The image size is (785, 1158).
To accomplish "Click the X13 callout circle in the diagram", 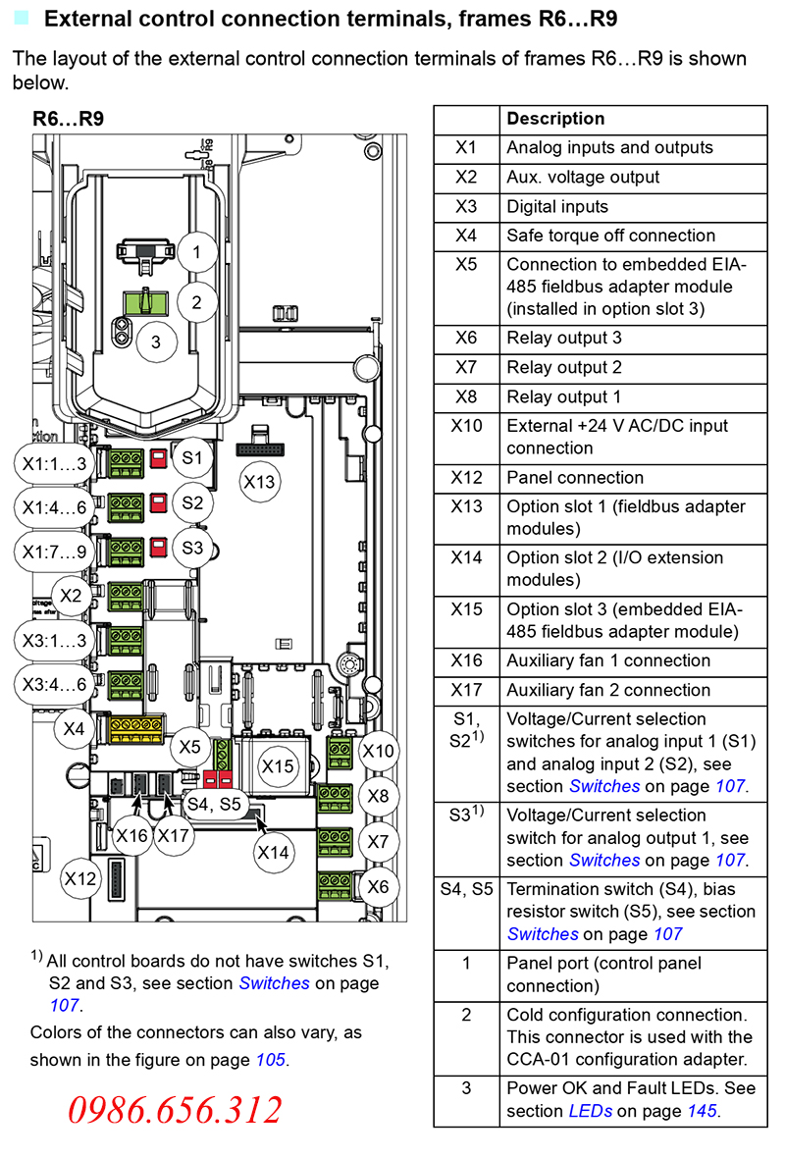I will [x=260, y=482].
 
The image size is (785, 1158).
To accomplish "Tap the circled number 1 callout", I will [x=196, y=252].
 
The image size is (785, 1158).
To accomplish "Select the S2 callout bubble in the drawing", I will [x=192, y=503].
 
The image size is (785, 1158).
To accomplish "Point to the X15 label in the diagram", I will [x=278, y=766].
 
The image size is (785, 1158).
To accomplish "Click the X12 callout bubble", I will [x=81, y=878].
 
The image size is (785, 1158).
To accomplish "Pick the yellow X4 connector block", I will [x=135, y=727].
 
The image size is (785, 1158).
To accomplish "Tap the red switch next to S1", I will [x=157, y=458].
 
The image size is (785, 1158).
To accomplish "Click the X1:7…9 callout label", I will [x=55, y=552].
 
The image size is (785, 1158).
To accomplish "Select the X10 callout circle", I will [x=378, y=752].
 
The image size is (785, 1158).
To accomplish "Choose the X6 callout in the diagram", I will [x=378, y=887].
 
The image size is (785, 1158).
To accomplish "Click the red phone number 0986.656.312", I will [x=175, y=1110].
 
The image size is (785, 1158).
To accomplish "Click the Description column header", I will [x=555, y=119].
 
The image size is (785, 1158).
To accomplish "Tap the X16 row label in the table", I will [x=466, y=660].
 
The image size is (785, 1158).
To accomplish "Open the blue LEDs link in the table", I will [x=592, y=1111].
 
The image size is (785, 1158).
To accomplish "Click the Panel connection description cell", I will [x=575, y=478].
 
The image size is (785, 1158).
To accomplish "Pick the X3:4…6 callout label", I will [x=55, y=684].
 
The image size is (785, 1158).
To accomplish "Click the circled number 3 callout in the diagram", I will [x=155, y=342].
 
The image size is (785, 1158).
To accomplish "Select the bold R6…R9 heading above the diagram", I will [x=69, y=119].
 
